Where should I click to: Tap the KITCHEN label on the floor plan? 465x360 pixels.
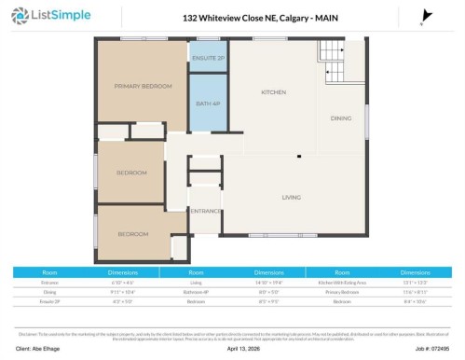point(273,92)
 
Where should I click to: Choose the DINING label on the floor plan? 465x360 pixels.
point(341,118)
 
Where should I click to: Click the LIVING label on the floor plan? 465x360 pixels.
point(295,197)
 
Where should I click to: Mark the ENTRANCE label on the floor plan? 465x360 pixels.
point(205,212)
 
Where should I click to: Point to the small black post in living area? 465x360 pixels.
point(299,156)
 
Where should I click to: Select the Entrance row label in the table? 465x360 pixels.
point(49,281)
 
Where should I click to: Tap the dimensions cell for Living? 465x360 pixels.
point(269,281)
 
